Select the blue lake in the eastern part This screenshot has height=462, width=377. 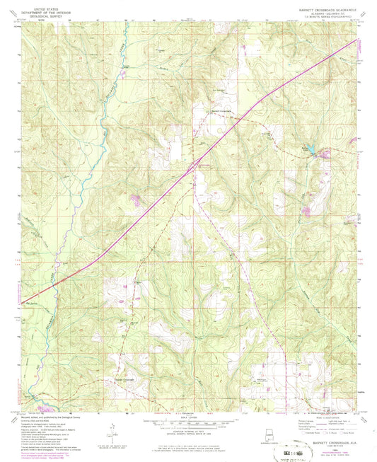pyautogui.click(x=306, y=149)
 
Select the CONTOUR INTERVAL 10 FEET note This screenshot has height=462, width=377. pyautogui.click(x=187, y=431)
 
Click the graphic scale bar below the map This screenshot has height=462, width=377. pyautogui.click(x=187, y=422)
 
